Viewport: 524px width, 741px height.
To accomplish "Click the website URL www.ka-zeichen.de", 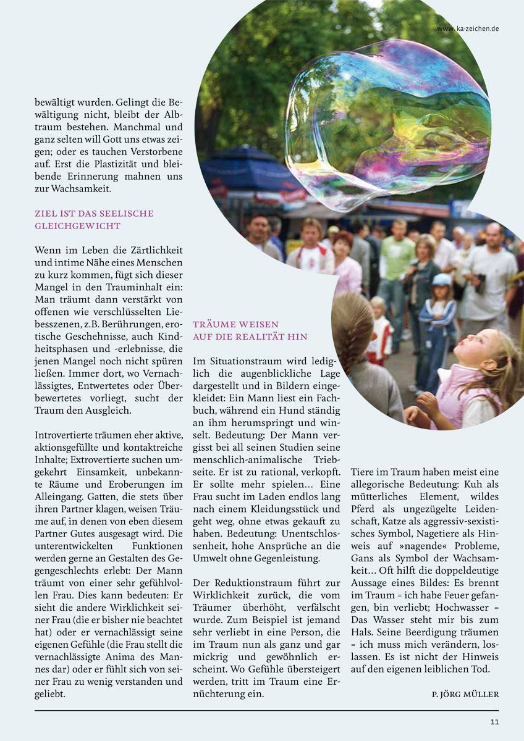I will point(467,28).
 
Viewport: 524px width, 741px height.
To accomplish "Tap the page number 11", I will point(494,722).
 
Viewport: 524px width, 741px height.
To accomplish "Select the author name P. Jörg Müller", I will point(465,694).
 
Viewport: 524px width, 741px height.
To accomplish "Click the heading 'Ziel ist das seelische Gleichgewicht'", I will point(95,219).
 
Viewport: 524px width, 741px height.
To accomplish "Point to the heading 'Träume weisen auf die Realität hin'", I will point(250,330).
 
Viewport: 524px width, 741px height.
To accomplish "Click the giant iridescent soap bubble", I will point(386,124).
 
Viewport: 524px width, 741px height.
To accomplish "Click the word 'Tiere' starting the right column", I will point(362,472).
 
